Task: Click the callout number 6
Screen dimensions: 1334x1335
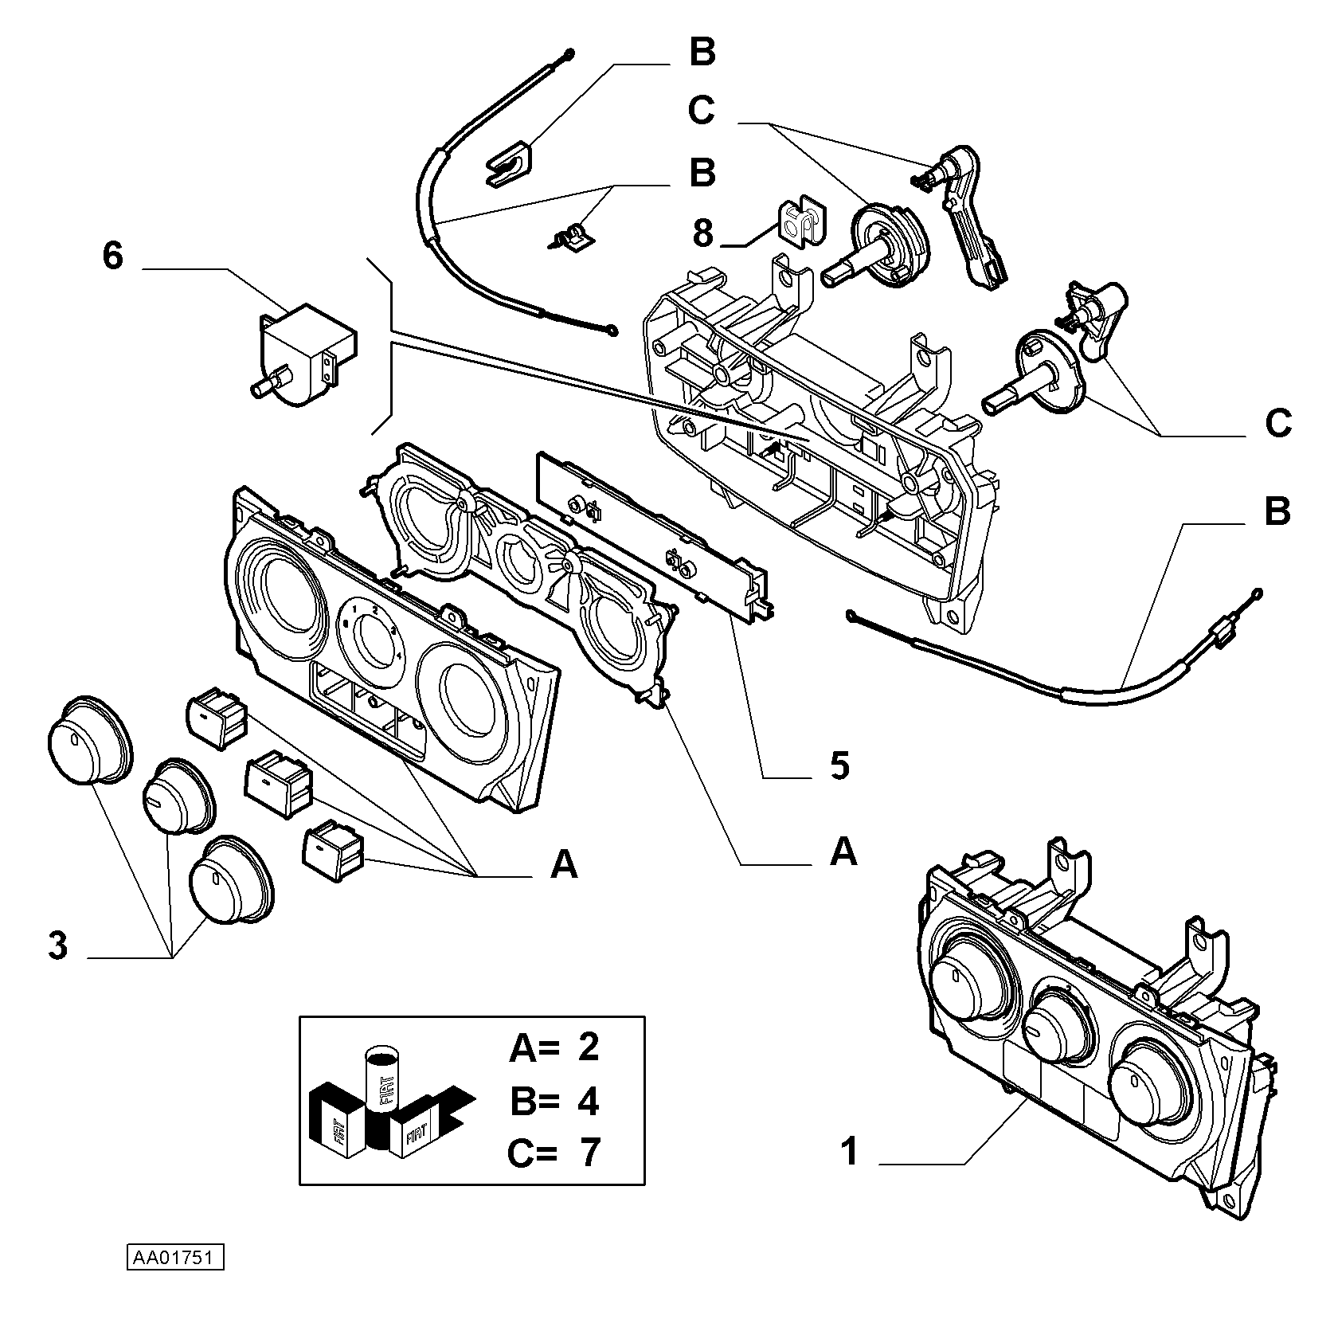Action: pyautogui.click(x=113, y=256)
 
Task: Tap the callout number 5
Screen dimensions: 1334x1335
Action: pyautogui.click(x=839, y=765)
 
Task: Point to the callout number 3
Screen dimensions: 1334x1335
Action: pyautogui.click(x=58, y=946)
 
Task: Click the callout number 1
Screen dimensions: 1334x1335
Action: pyautogui.click(x=850, y=1152)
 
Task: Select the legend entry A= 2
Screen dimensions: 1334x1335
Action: pyautogui.click(x=554, y=1047)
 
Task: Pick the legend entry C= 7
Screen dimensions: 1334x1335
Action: pyautogui.click(x=554, y=1153)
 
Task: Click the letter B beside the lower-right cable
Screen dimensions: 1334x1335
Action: pyautogui.click(x=1277, y=511)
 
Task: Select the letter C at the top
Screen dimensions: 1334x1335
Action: pyautogui.click(x=701, y=111)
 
